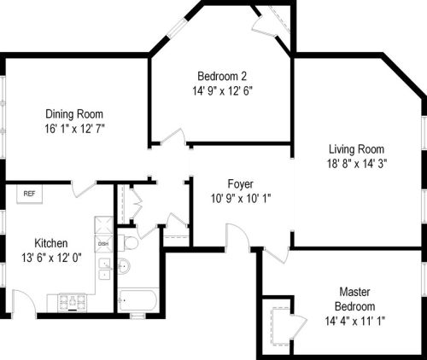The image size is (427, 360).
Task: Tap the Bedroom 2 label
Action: coord(221,74)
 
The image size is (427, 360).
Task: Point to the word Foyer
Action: coord(239,184)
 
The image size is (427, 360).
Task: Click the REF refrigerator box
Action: coord(29,194)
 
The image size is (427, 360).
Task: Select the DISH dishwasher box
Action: coord(103,243)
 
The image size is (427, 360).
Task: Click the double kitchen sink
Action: coord(103,268)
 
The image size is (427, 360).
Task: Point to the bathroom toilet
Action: coord(130,243)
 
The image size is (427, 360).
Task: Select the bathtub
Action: coord(137,299)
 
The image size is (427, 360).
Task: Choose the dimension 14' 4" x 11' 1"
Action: coord(353,321)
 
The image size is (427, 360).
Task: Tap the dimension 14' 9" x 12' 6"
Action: coord(221,90)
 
